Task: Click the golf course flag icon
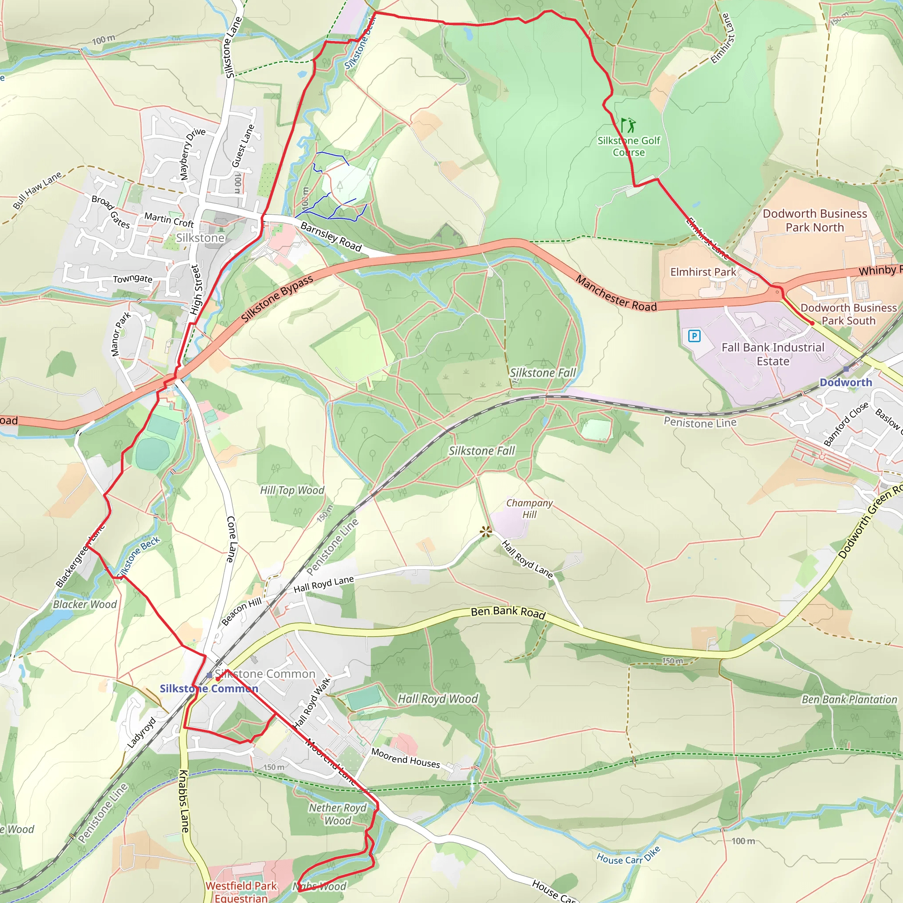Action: pyautogui.click(x=628, y=125)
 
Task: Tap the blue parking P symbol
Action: pyautogui.click(x=694, y=336)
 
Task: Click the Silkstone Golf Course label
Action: pyautogui.click(x=629, y=146)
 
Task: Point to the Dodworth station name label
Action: pyautogui.click(x=846, y=382)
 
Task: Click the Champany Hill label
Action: pyautogui.click(x=529, y=508)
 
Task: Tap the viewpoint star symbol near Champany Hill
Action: pyautogui.click(x=486, y=531)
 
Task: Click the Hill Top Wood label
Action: pyautogui.click(x=291, y=490)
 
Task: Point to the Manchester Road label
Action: pyautogui.click(x=616, y=294)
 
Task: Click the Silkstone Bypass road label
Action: pyautogui.click(x=277, y=299)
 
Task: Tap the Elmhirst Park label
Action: pyautogui.click(x=703, y=272)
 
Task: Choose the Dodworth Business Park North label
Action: pyautogui.click(x=815, y=220)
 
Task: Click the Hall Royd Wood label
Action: pyautogui.click(x=437, y=699)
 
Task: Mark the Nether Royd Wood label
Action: pyautogui.click(x=337, y=814)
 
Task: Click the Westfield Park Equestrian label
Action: pyautogui.click(x=241, y=891)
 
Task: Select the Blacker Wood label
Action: pyautogui.click(x=85, y=604)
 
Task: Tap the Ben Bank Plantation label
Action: pyautogui.click(x=849, y=700)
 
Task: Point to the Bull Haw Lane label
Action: pyautogui.click(x=37, y=190)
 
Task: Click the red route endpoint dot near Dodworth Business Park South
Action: pyautogui.click(x=812, y=323)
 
